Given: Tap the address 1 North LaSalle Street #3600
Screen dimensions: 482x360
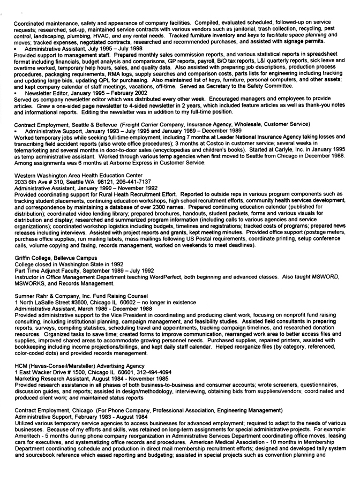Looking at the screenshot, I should [55, 303].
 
